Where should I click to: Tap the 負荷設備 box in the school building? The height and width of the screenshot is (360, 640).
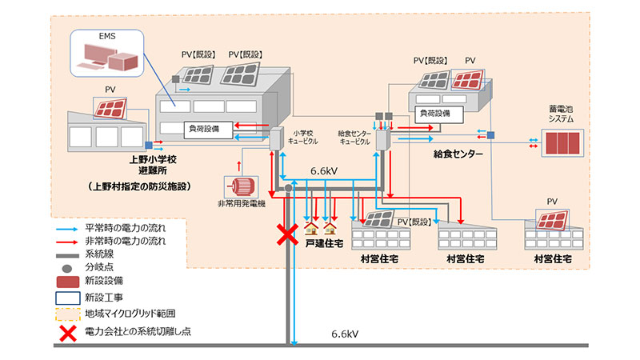click(x=209, y=127)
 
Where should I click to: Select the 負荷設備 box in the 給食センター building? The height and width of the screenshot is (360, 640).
click(x=441, y=114)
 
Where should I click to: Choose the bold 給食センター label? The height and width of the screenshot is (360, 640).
click(x=458, y=152)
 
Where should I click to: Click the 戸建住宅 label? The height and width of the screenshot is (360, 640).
click(x=322, y=239)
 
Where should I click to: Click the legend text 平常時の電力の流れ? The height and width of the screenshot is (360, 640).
click(x=131, y=226)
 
